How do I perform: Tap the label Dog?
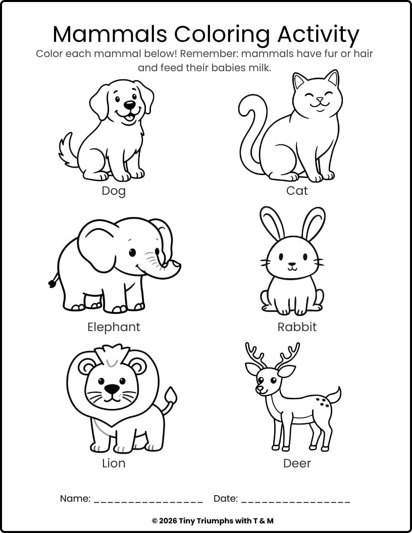pos(114,191)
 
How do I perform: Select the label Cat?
pos(297,191)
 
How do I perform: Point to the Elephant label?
pos(114,328)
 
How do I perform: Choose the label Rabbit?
pos(297,327)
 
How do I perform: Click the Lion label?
pos(114,463)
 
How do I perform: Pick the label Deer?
pos(297,463)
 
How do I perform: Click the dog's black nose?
pos(130,105)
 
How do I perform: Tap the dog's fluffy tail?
pos(68,150)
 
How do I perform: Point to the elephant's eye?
pos(132,252)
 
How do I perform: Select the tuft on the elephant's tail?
pos(53,283)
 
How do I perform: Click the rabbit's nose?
pos(292,264)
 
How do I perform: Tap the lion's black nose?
pos(112,388)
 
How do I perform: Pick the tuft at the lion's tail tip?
pos(171,395)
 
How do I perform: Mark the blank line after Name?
pos(148,502)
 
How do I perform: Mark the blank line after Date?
pos(295,502)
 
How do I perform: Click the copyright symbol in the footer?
pos(154,521)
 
